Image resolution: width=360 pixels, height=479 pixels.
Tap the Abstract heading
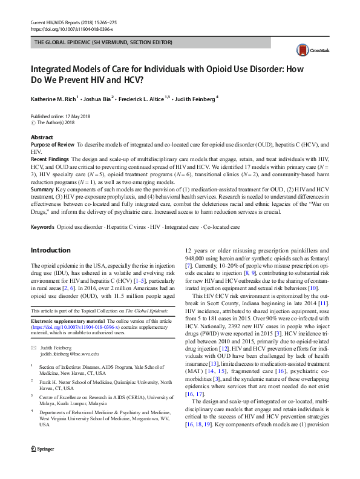click(42, 138)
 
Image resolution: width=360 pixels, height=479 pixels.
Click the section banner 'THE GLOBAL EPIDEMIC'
click(103, 42)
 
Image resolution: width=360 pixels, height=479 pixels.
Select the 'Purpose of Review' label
click(53, 146)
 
